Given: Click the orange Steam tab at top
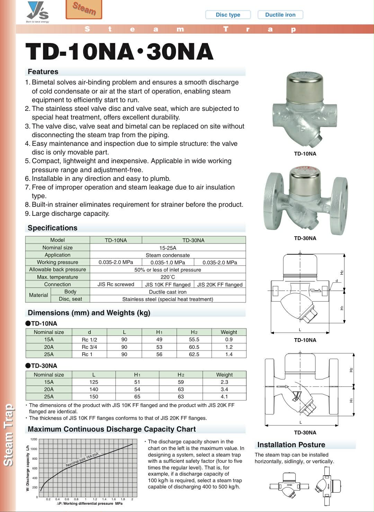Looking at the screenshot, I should [x=84, y=9].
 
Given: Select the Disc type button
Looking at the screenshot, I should [x=228, y=15].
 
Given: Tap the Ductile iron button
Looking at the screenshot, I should [x=280, y=15].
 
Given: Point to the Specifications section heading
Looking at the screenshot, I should [x=52, y=228].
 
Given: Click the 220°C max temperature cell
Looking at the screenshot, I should [x=168, y=277].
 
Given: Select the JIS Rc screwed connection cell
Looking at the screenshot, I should [x=116, y=284].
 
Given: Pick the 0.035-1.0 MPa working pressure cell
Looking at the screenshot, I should [x=168, y=262].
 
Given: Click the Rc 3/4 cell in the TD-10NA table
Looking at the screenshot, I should [x=89, y=347].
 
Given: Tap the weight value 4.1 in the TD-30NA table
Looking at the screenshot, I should [x=224, y=397].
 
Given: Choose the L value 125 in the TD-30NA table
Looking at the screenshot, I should [x=93, y=382].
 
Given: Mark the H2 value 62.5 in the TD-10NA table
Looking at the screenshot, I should [x=194, y=354].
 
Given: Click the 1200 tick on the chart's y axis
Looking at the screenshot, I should [x=34, y=439].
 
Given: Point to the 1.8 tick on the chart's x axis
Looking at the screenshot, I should [x=123, y=499].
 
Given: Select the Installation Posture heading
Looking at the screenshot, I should [x=291, y=445].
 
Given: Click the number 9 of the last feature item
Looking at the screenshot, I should [x=27, y=213].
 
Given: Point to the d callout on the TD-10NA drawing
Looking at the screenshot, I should [x=336, y=281].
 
